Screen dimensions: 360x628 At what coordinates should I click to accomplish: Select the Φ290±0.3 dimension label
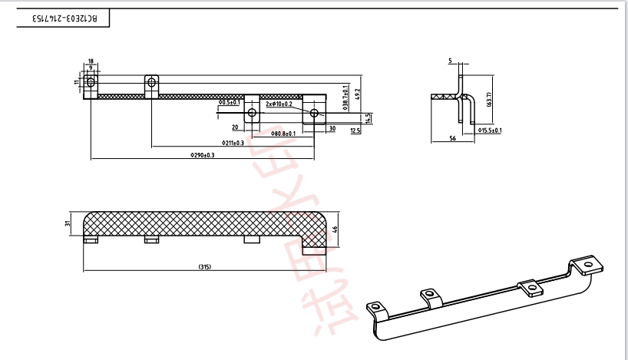tap(202, 155)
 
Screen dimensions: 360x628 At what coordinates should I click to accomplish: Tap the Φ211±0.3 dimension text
tap(233, 143)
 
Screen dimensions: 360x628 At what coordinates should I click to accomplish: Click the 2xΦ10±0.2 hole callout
tap(279, 103)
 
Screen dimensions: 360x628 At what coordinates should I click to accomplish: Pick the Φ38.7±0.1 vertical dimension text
tap(345, 97)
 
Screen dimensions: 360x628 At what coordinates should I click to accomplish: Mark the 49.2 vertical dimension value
tap(357, 95)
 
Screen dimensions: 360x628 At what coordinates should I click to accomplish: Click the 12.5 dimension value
tap(355, 131)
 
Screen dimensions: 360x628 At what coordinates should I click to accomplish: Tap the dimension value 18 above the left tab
tap(91, 61)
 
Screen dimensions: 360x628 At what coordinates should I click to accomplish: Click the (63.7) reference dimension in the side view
tap(489, 99)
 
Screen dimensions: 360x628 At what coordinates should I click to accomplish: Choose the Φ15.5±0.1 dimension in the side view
tap(489, 131)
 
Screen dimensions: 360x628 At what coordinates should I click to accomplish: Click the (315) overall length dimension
tap(204, 267)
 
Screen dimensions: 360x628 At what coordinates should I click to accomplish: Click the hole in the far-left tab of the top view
tap(91, 81)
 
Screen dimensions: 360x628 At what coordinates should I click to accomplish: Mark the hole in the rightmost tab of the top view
tap(313, 113)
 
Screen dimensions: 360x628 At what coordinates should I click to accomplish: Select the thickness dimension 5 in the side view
tap(451, 60)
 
